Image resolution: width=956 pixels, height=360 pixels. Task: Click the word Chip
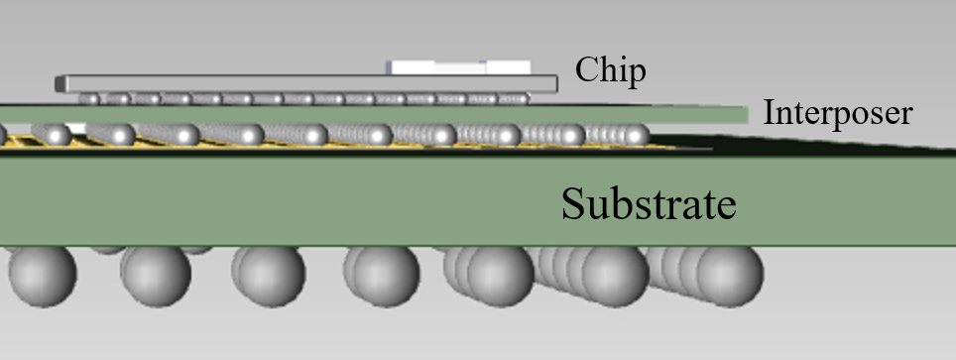pos(611,70)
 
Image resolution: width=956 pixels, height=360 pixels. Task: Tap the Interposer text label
pos(837,113)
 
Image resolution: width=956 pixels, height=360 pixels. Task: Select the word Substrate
pos(649,204)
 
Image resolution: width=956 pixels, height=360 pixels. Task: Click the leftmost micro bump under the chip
pos(89,99)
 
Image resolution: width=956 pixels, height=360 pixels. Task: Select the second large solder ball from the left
pos(156,276)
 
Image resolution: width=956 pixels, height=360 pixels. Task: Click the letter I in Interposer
pos(767,113)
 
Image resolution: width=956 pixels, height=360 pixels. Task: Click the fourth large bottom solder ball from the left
pos(381,276)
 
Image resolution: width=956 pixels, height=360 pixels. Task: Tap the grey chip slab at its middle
pos(298,83)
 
